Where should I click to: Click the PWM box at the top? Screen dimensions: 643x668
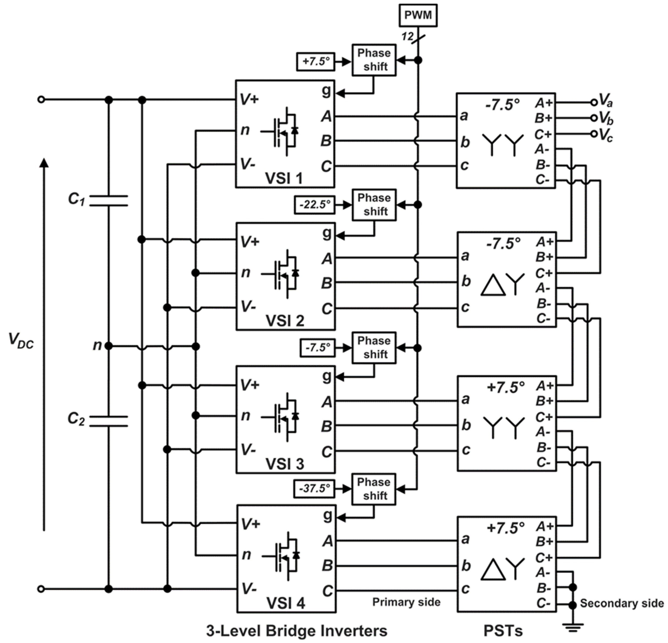click(x=418, y=15)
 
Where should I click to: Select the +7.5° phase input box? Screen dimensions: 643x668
click(x=316, y=62)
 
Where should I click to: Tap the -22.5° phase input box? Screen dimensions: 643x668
click(x=315, y=205)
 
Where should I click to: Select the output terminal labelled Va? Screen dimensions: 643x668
click(x=594, y=102)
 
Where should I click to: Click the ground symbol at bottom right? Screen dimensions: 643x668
click(x=573, y=627)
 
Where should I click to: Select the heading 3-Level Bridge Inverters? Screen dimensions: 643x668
click(x=296, y=631)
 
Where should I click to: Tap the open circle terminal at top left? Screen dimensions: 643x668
click(x=41, y=100)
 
